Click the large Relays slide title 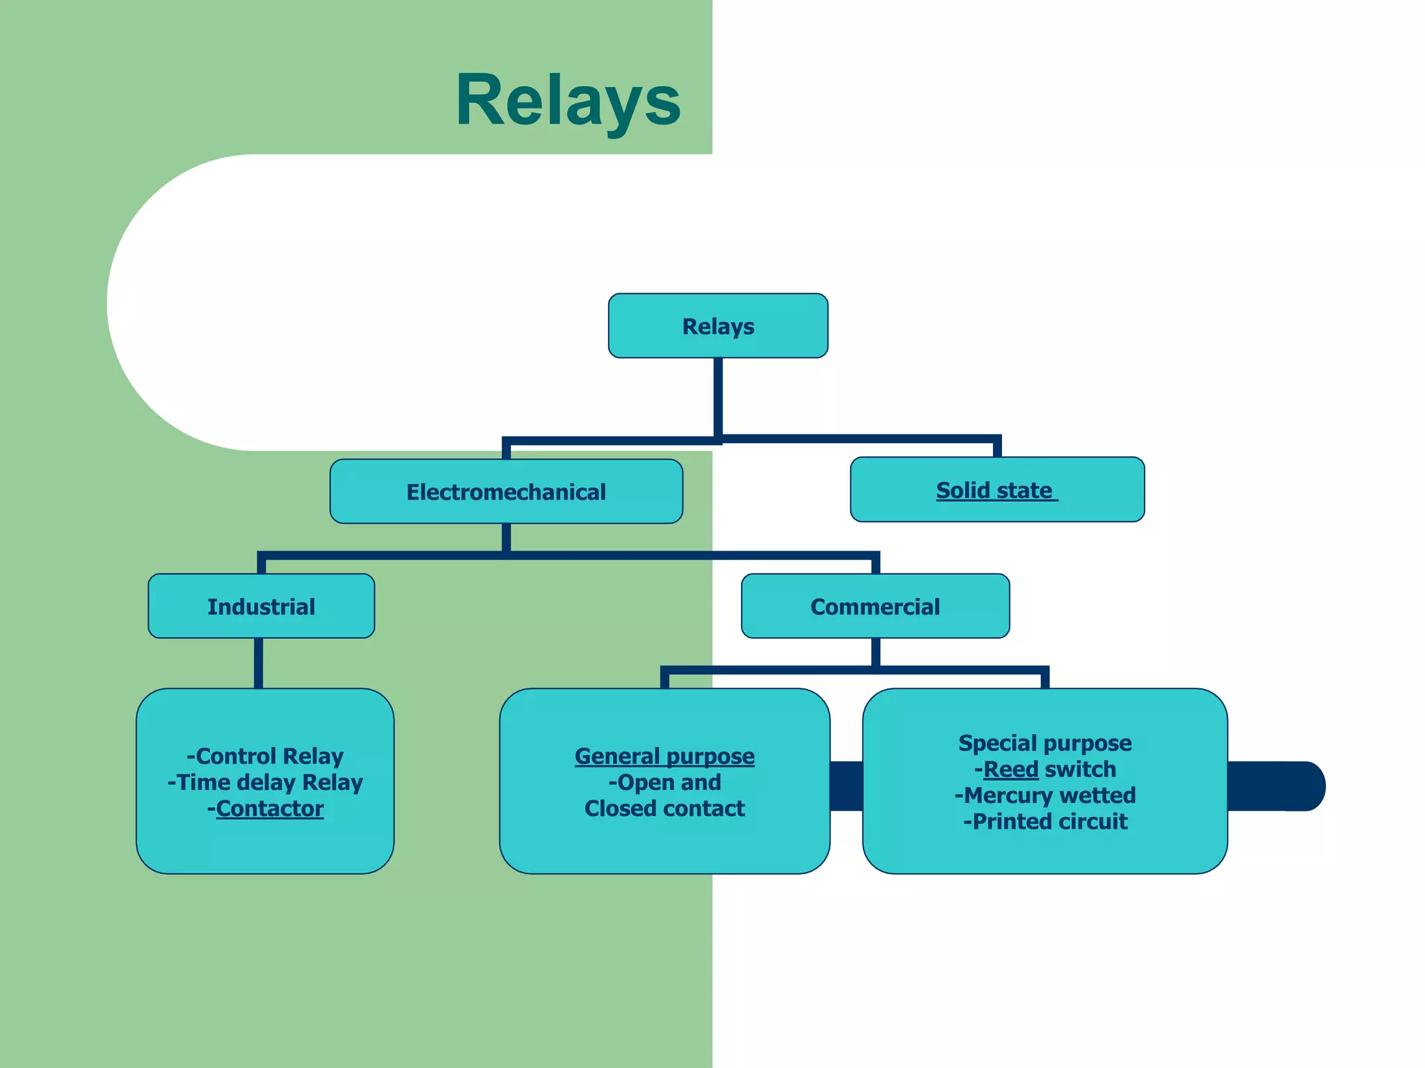568,102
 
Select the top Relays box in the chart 717,326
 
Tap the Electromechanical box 506,492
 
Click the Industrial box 261,606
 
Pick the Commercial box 875,606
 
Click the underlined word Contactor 270,809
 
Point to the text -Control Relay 265,756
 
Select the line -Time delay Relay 265,782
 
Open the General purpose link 664,756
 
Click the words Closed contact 664,809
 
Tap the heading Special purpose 1044,743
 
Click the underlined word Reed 1010,769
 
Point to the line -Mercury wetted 1044,795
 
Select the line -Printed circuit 1044,822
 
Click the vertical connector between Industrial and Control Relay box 258,663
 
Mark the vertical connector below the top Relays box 717,396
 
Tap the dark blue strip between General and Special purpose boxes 846,786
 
